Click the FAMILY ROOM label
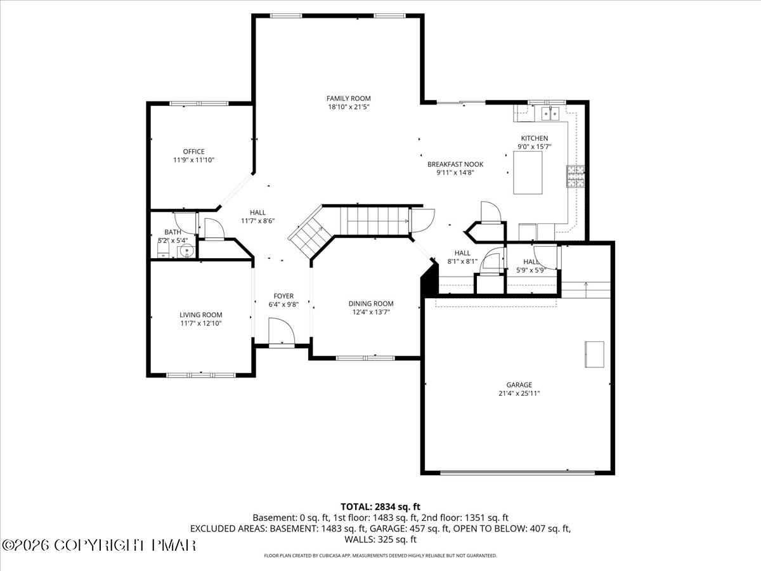[348, 98]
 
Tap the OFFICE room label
[193, 152]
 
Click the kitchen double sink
[549, 114]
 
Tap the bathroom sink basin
[185, 251]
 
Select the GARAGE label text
[519, 384]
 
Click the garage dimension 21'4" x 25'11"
[519, 393]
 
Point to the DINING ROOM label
[371, 303]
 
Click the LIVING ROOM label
[200, 315]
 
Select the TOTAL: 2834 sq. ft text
[380, 506]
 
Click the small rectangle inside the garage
[594, 354]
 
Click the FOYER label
[283, 296]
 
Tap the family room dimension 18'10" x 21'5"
[348, 107]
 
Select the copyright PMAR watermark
[99, 545]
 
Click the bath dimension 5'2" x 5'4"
[172, 240]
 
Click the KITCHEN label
[534, 138]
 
